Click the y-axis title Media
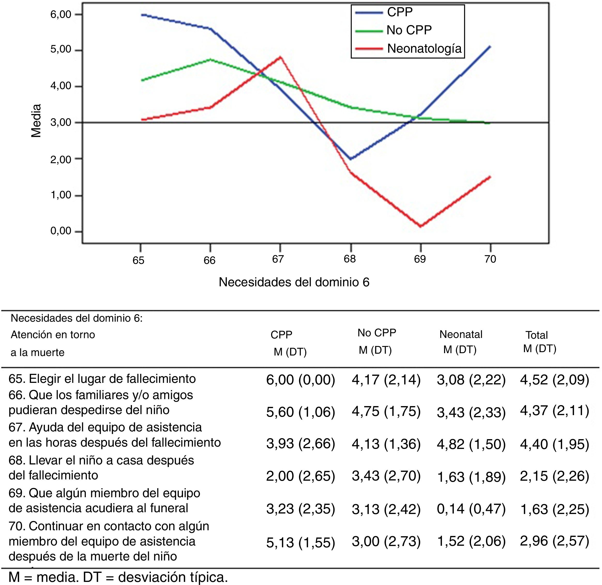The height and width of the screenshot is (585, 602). click(36, 121)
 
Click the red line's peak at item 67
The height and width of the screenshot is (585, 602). click(280, 57)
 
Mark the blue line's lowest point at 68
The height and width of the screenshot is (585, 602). click(350, 159)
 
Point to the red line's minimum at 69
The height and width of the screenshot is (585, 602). click(420, 226)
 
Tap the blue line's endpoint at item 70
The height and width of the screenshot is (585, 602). click(490, 46)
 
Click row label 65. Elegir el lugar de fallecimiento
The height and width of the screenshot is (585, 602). click(102, 378)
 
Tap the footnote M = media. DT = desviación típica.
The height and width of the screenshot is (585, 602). click(118, 577)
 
